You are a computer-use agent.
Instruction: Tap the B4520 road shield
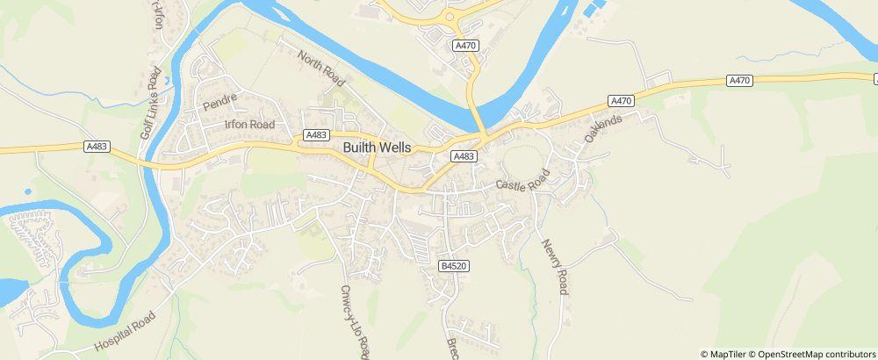click(x=451, y=265)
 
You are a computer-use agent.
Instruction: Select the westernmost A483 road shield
click(x=99, y=147)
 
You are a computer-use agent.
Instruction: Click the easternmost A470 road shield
click(x=740, y=81)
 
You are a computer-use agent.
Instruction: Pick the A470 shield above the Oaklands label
click(x=622, y=101)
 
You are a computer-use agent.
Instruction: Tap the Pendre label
click(x=215, y=104)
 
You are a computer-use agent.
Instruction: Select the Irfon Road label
click(x=250, y=126)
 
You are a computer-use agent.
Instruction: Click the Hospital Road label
click(x=124, y=332)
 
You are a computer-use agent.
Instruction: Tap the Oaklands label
click(x=603, y=130)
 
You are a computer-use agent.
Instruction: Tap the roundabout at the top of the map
click(x=450, y=15)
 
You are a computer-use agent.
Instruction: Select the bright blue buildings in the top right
click(x=593, y=11)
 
